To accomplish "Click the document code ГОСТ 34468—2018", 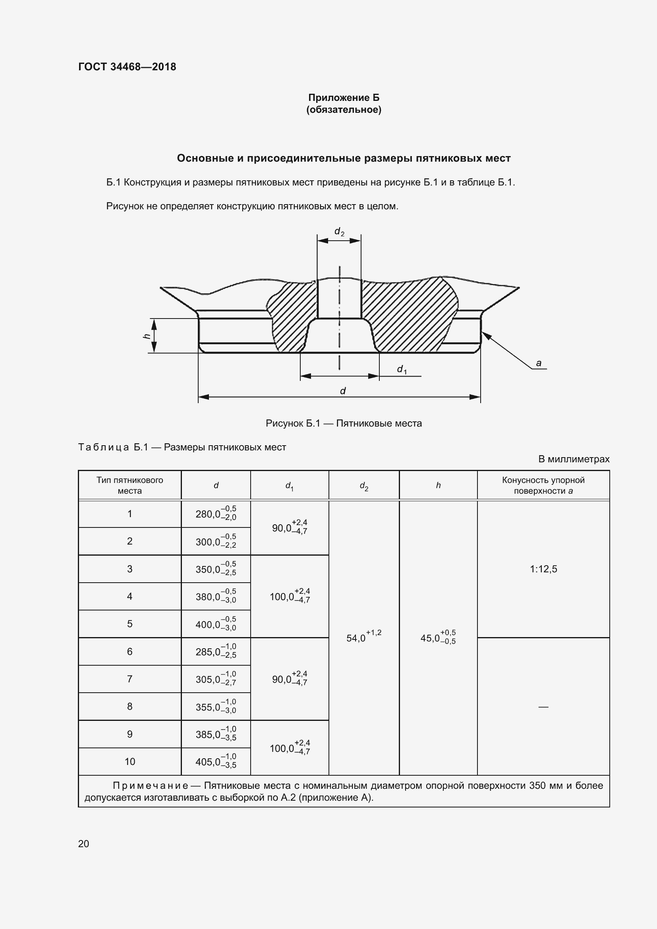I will point(127,67).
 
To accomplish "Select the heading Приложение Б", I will point(344,98).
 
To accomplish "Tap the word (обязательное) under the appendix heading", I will point(344,110).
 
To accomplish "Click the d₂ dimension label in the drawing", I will point(339,232).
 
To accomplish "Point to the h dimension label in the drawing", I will point(147,336).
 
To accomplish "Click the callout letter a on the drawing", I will point(539,363).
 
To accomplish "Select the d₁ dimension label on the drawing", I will point(402,369).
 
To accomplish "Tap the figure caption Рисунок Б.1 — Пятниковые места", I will point(344,423).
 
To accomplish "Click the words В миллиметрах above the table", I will point(573,459).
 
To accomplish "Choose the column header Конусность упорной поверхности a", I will point(543,485).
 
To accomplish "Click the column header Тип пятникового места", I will point(129,485).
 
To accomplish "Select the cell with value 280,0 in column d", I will point(216,514).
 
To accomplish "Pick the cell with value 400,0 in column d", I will point(216,624).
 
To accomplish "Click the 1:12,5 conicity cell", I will point(543,569).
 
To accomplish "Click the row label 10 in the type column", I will point(129,761).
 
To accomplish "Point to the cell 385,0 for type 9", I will point(216,734).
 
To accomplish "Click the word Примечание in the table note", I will point(150,786).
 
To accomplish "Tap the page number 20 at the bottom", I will point(83,844).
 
